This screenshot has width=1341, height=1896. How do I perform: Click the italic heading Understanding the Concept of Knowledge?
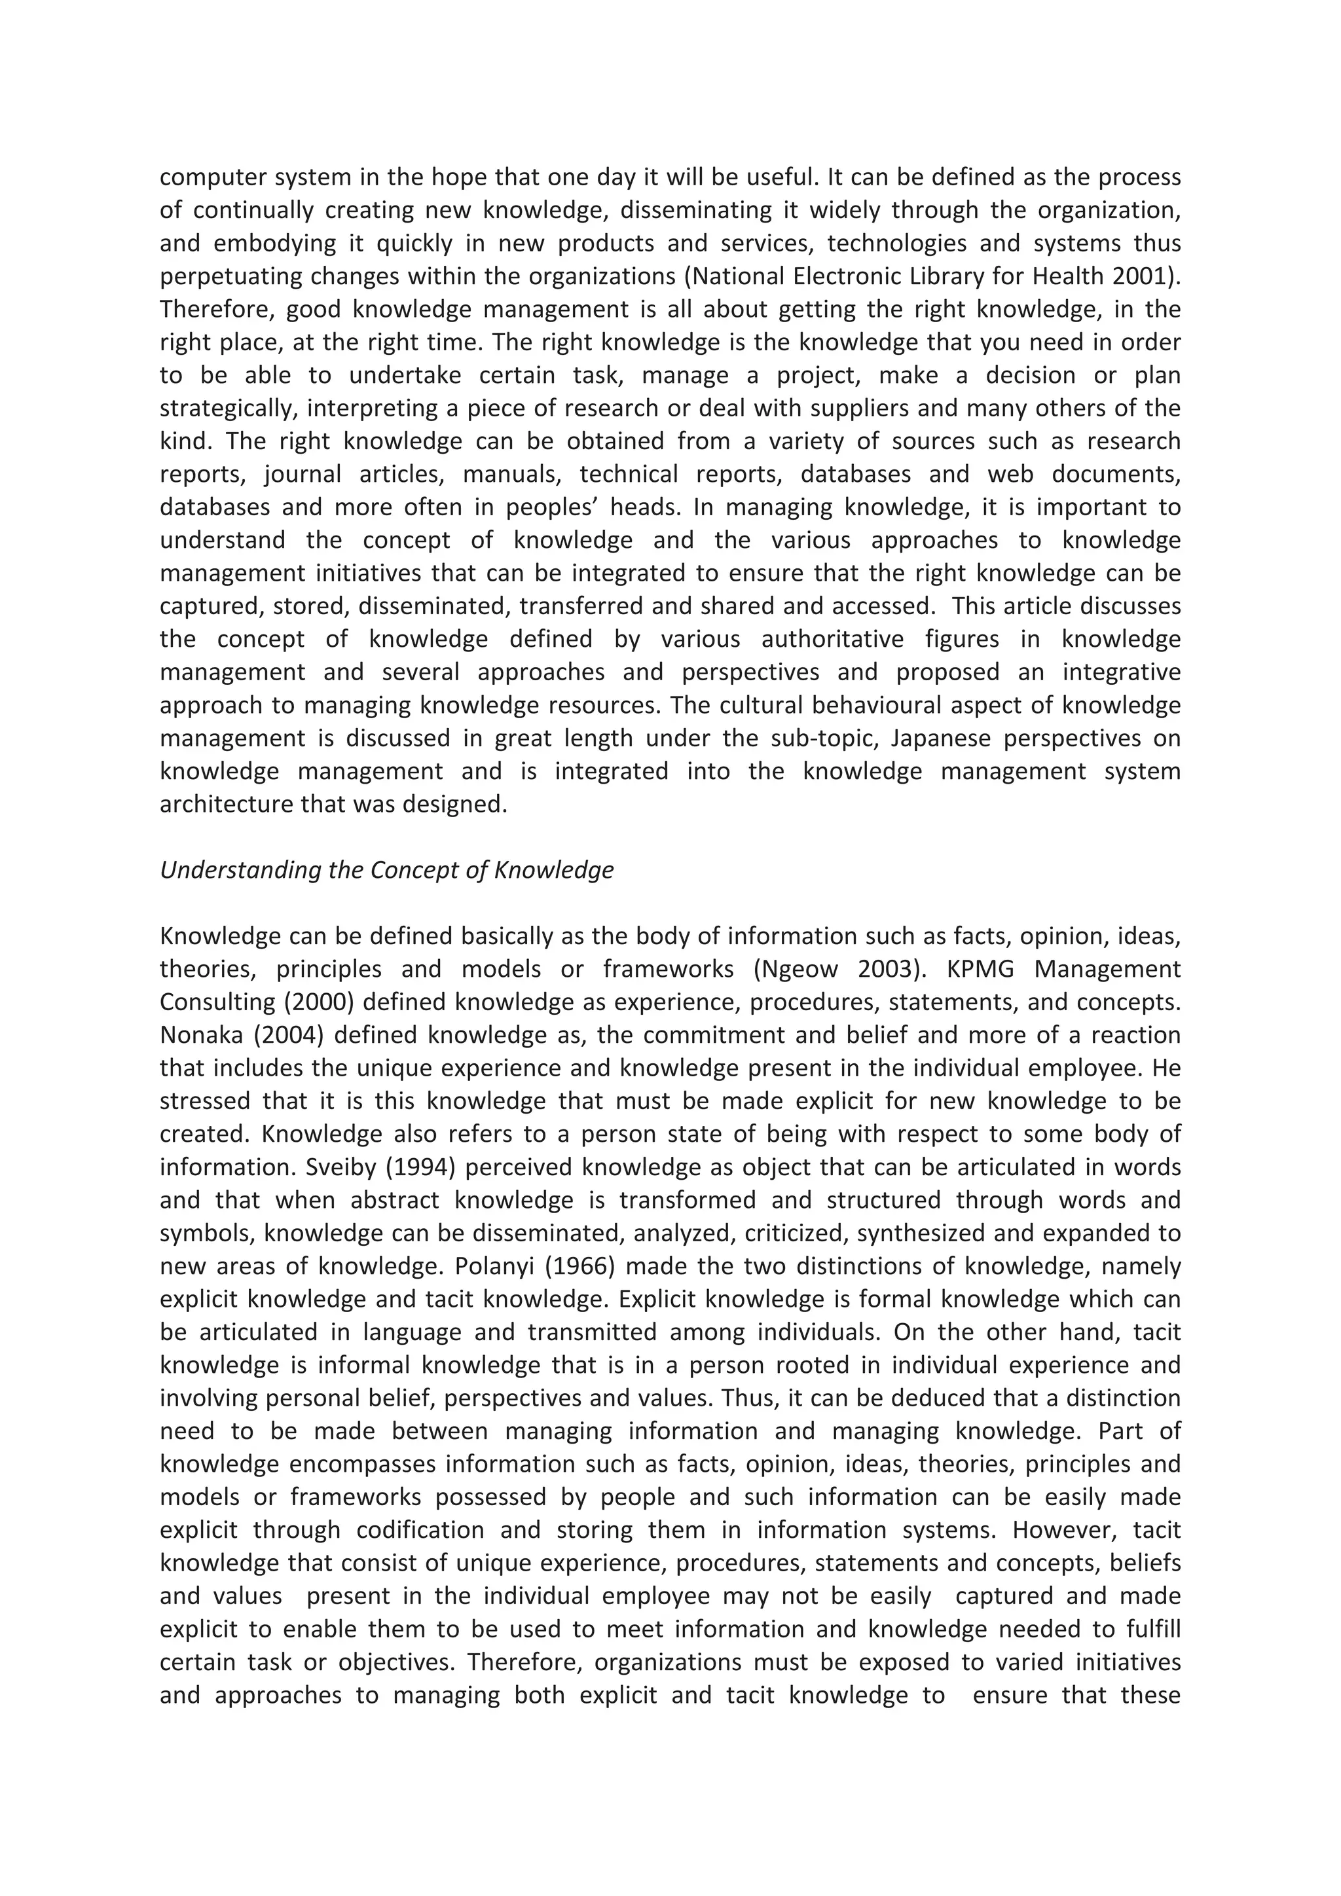(x=386, y=870)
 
